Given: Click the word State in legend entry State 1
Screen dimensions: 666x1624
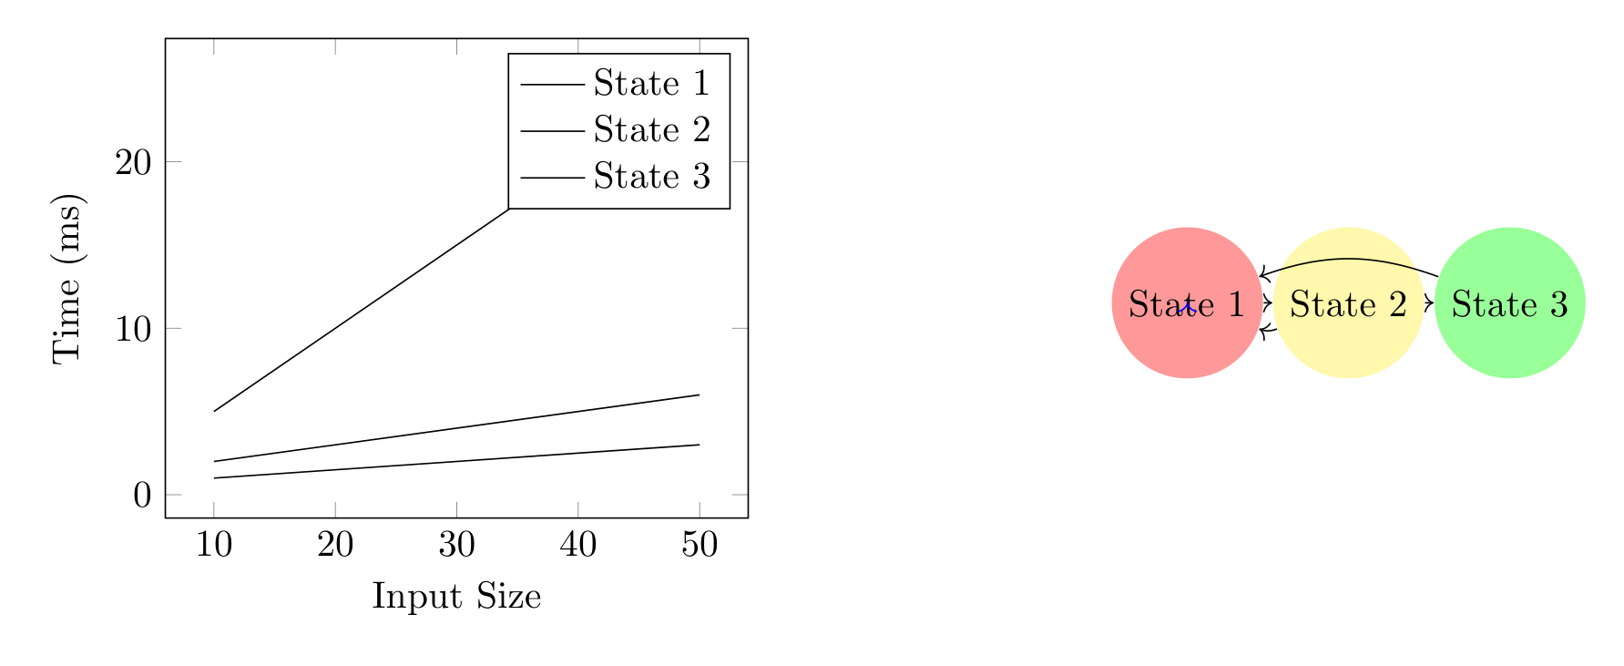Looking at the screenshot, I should point(636,84).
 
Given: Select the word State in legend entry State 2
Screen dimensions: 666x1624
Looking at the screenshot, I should point(636,130).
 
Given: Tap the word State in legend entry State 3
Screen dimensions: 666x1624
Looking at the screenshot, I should point(636,177).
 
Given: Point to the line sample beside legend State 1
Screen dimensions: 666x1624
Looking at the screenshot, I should point(552,85).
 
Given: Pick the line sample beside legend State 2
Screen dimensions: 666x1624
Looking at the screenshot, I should point(552,131).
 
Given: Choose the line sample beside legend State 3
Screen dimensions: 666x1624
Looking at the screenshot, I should point(552,178).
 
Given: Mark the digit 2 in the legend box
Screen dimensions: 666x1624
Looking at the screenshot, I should point(701,130).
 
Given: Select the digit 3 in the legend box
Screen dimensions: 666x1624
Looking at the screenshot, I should point(701,177).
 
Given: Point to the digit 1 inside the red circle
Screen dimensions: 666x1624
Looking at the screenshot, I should point(1236,304).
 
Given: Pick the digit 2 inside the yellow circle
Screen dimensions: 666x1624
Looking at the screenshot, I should point(1397,304).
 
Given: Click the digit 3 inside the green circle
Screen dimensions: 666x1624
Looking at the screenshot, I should point(1558,304).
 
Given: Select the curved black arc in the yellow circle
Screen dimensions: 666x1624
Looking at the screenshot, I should point(1348,260).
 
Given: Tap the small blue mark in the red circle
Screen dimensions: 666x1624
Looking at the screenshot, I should point(1186,309).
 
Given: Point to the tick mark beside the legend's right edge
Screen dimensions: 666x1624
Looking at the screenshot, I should point(740,161).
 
